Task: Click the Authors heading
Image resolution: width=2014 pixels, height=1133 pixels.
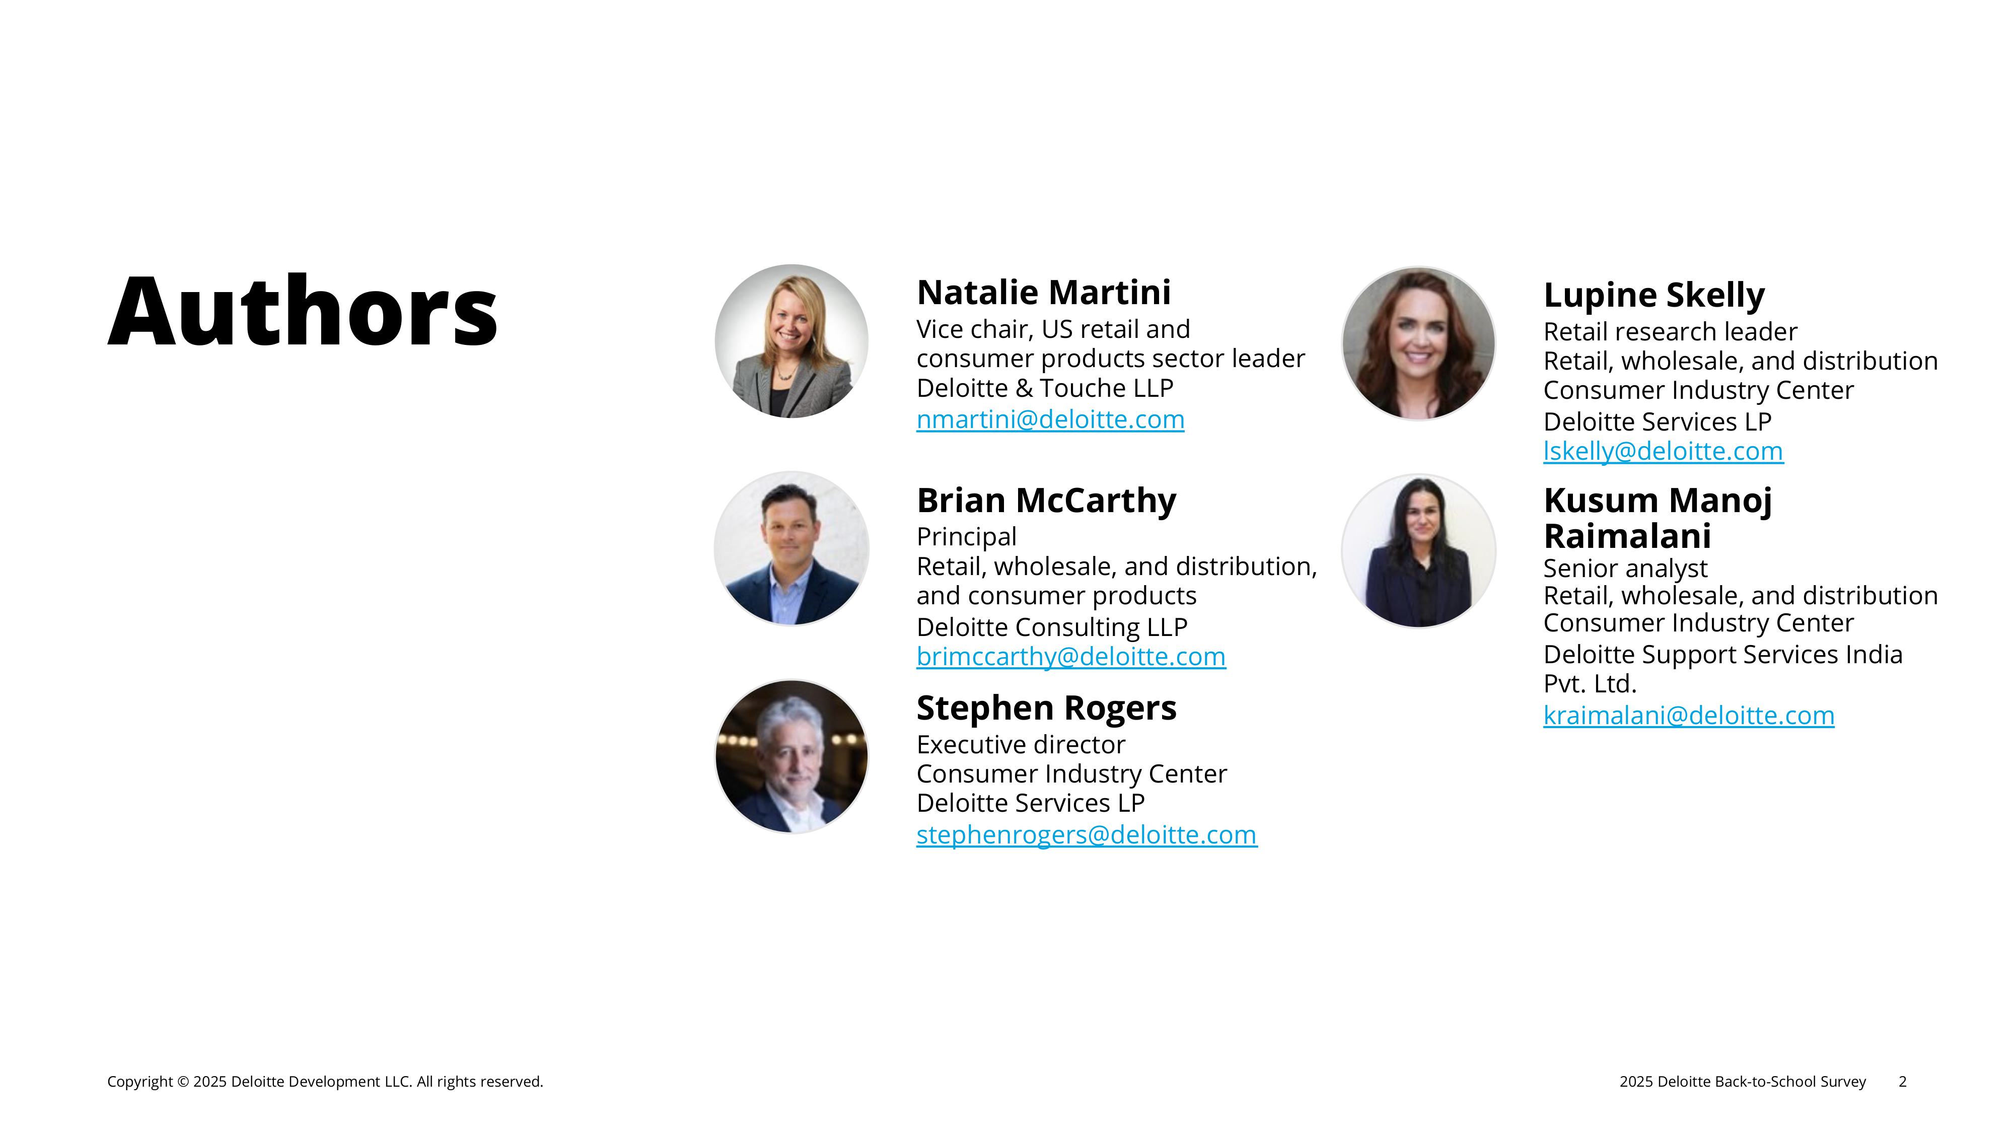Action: pyautogui.click(x=303, y=310)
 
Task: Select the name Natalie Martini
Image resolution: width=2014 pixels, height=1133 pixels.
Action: pyautogui.click(x=1044, y=293)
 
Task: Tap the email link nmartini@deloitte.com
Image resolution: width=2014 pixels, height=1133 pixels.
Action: pyautogui.click(x=1050, y=420)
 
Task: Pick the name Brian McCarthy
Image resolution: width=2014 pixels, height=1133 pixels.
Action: pyautogui.click(x=1046, y=501)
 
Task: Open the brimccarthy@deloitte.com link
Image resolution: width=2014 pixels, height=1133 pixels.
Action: pyautogui.click(x=1071, y=657)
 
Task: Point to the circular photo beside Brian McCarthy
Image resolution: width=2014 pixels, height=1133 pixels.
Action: pyautogui.click(x=791, y=549)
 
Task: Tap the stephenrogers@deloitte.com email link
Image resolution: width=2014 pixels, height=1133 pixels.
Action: pyautogui.click(x=1087, y=835)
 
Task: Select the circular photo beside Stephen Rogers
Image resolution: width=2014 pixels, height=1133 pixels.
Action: pyautogui.click(x=791, y=757)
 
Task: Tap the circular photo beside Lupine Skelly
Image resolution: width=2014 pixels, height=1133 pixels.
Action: pyautogui.click(x=1418, y=344)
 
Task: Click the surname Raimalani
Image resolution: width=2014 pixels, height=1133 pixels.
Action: pyautogui.click(x=1627, y=536)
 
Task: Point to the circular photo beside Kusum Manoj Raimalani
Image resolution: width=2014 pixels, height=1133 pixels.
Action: pyautogui.click(x=1418, y=550)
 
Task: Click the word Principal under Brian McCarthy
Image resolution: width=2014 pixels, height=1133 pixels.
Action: pyautogui.click(x=966, y=537)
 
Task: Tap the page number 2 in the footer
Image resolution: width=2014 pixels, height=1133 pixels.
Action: pyautogui.click(x=1902, y=1082)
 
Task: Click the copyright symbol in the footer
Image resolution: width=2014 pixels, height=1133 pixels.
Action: pyautogui.click(x=184, y=1082)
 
